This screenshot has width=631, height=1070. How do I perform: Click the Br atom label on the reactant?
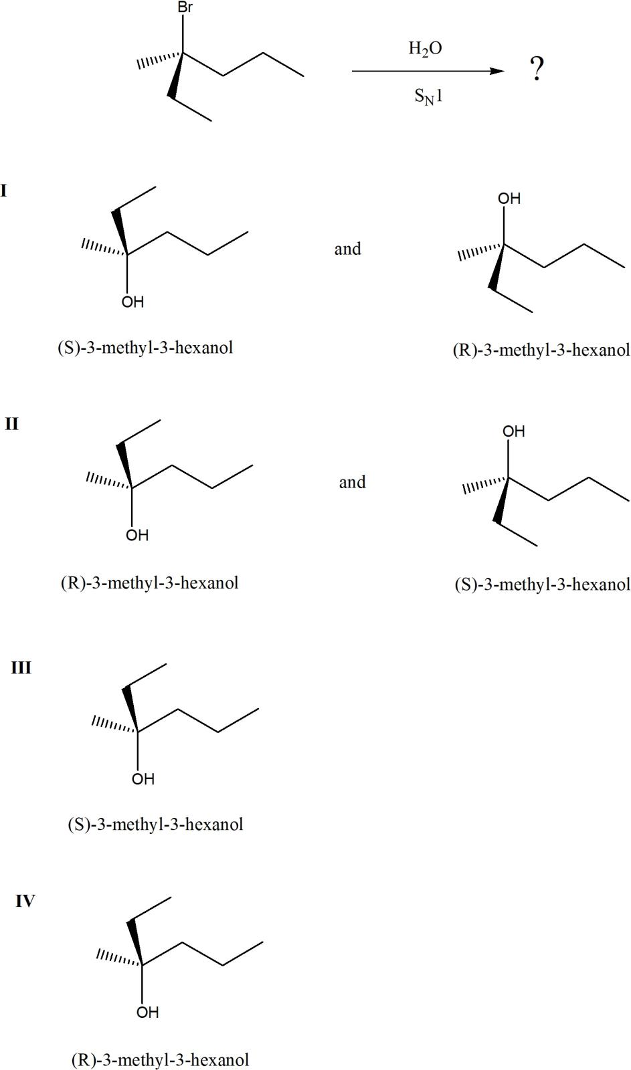184,9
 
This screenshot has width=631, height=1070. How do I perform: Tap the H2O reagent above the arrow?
426,49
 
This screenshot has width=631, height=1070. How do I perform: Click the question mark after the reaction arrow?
537,68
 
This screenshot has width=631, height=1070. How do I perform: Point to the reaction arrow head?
499,71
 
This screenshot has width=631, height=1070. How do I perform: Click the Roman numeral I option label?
4,191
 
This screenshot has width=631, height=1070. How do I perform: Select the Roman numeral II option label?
11,424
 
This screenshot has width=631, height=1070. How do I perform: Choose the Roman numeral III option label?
21,668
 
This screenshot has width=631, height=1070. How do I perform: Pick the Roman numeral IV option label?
25,901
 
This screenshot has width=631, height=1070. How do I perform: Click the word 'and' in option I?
347,249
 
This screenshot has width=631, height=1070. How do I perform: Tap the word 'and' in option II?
352,482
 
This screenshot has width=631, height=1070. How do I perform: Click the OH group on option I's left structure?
132,302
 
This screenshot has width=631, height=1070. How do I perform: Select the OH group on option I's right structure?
509,199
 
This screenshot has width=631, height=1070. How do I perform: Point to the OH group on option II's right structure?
514,432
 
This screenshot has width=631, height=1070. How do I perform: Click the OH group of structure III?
143,779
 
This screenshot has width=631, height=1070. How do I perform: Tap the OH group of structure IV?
147,1012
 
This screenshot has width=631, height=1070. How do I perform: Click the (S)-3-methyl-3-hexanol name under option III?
155,825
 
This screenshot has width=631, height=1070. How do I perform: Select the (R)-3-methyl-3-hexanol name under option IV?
160,1060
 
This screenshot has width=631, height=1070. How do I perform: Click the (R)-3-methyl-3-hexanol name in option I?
541,350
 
